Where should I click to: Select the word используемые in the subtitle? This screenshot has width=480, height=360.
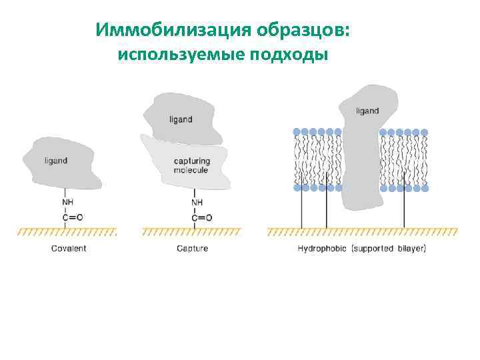(x=181, y=54)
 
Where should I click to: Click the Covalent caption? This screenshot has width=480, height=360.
(x=69, y=249)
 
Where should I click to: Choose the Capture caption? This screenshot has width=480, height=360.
(x=192, y=249)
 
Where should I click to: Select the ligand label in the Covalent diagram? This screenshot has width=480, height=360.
(x=56, y=161)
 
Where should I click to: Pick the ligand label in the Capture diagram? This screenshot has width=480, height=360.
(x=181, y=119)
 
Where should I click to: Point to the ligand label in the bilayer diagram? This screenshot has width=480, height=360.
(x=367, y=111)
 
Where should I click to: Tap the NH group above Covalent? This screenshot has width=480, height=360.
(x=68, y=202)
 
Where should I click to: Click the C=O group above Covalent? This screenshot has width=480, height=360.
(x=72, y=217)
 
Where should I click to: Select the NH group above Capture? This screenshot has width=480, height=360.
(x=197, y=202)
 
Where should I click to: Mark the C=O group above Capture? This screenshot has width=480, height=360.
(x=201, y=217)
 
